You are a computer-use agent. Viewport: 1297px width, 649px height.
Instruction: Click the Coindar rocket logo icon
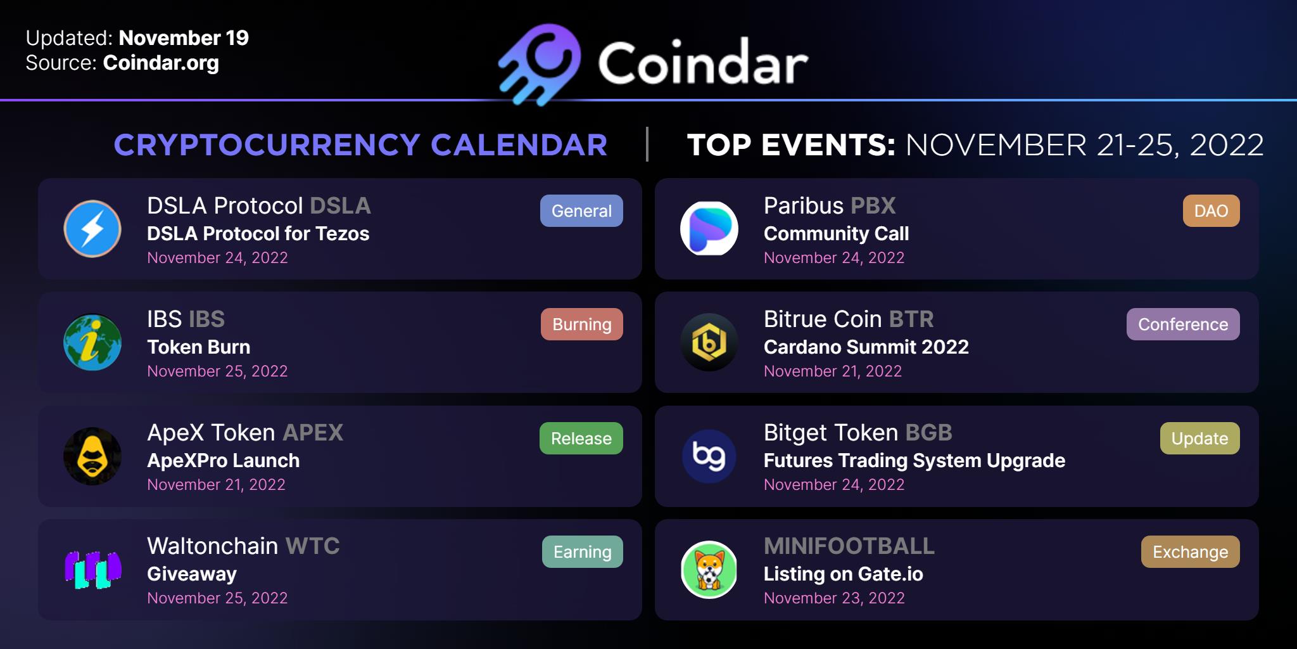[x=539, y=64]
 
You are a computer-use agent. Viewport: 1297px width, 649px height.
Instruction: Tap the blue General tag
[x=581, y=210]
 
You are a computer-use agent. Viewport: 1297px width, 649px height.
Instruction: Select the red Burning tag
[x=582, y=324]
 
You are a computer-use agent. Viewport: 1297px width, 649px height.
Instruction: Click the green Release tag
[x=581, y=438]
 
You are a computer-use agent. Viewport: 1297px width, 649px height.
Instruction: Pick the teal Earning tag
[x=583, y=551]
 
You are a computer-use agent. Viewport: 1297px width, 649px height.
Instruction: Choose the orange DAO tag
[x=1211, y=210]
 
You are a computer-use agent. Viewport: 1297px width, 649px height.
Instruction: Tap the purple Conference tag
[x=1183, y=324]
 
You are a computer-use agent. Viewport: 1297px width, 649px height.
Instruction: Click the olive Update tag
[x=1199, y=438]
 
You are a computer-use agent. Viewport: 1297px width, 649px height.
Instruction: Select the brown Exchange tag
[x=1191, y=551]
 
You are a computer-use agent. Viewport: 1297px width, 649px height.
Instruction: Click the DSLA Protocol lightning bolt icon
[x=92, y=229]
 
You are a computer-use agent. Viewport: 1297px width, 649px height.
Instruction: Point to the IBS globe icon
[x=92, y=342]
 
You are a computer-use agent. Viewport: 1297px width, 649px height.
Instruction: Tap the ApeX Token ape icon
[x=92, y=456]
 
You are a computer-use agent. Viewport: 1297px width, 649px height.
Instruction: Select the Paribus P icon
[x=709, y=229]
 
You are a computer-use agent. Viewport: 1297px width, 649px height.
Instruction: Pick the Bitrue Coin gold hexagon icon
[x=709, y=342]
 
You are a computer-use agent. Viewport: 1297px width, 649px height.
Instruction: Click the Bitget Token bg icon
[x=709, y=456]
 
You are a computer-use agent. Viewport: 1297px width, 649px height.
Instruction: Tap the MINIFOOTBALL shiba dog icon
[x=709, y=570]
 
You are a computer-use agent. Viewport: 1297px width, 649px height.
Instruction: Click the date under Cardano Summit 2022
[x=833, y=371]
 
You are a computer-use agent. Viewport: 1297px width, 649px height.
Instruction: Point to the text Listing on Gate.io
[x=844, y=574]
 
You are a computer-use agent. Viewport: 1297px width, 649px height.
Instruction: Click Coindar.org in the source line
[x=161, y=63]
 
